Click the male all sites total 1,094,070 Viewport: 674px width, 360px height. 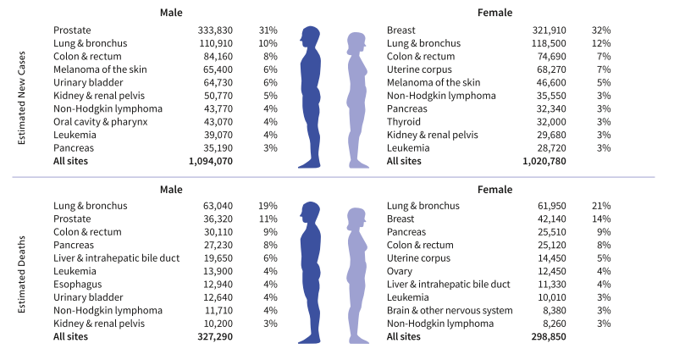click(208, 160)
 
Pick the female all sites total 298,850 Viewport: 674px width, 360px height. click(544, 336)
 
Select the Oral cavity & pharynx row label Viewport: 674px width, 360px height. click(100, 121)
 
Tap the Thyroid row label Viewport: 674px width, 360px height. click(403, 121)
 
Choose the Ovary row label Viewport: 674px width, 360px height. click(400, 270)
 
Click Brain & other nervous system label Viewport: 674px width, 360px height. click(450, 310)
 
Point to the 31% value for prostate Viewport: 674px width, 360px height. click(268, 30)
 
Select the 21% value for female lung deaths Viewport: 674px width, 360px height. click(601, 206)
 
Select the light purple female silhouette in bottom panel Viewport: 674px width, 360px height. click(360, 271)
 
